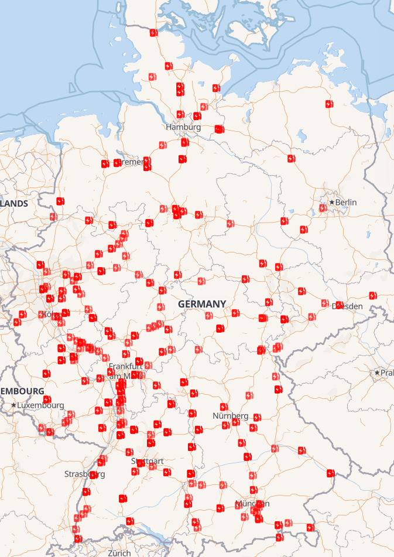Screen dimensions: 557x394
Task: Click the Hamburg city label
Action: [183, 127]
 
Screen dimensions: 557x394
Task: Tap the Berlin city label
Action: [346, 202]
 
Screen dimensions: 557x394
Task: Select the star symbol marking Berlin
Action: [331, 202]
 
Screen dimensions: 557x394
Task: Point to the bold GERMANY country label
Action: [202, 304]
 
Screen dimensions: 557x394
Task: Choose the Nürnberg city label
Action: [230, 416]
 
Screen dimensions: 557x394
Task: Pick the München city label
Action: [252, 504]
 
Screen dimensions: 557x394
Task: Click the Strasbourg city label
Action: [84, 474]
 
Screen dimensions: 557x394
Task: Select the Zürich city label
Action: [119, 553]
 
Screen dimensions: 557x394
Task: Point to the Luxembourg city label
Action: [40, 405]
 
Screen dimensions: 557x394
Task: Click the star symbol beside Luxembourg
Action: [13, 405]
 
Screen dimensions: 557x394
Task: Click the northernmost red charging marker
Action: [153, 33]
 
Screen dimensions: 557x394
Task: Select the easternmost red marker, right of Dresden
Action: [373, 295]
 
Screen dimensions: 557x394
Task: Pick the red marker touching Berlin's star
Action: [323, 208]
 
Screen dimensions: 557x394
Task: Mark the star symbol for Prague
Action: [378, 373]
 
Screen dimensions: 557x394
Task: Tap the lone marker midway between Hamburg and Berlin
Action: [291, 159]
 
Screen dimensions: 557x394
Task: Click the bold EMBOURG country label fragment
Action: [22, 391]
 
